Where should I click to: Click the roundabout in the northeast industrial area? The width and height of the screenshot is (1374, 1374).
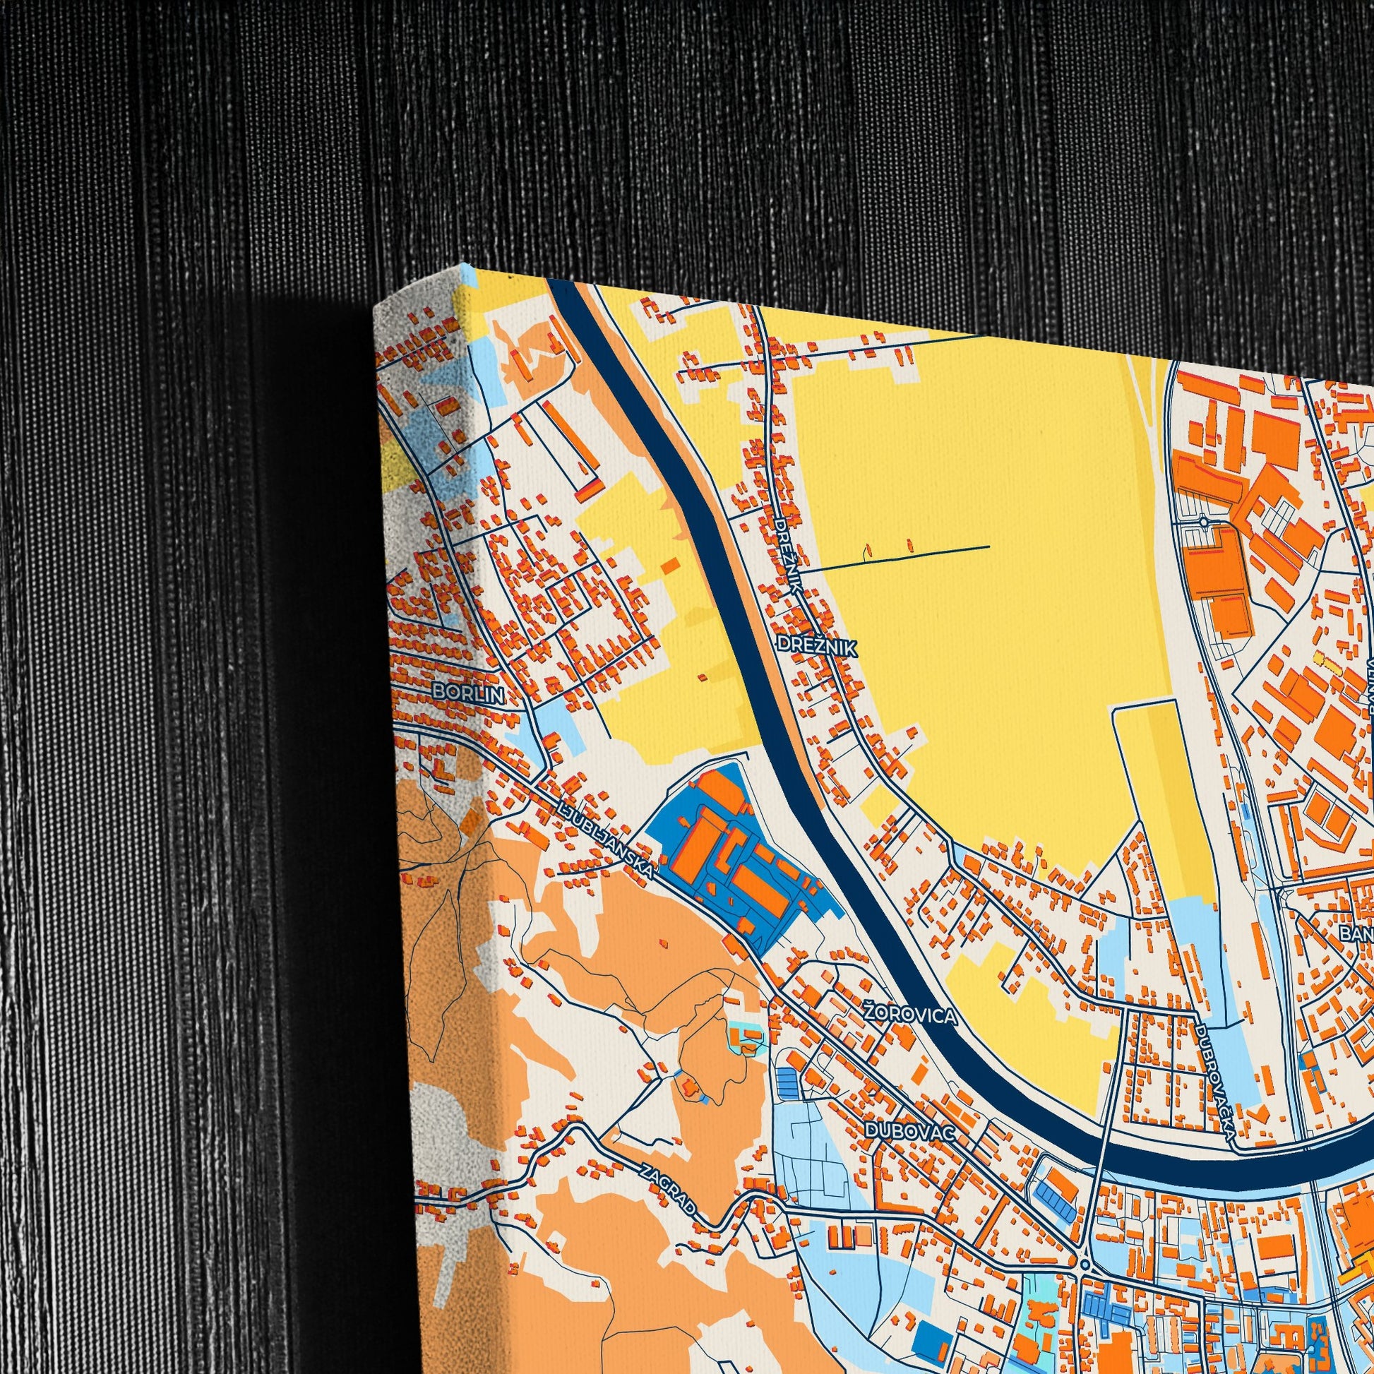1202,521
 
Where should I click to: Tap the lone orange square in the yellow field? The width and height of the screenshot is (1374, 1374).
669,566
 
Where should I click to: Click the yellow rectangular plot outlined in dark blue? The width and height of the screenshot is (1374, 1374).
1163,804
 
